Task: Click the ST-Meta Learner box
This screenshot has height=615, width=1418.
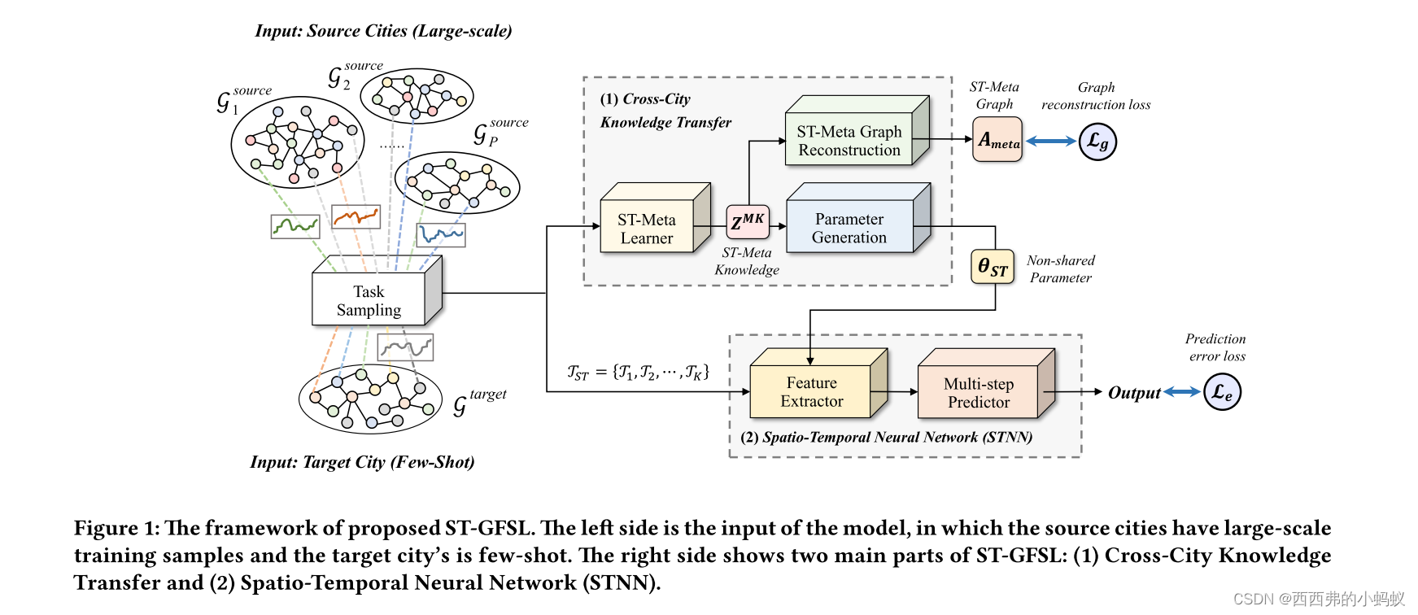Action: [648, 229]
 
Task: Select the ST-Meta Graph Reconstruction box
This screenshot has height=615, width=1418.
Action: [849, 140]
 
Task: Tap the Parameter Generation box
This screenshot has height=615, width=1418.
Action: [849, 228]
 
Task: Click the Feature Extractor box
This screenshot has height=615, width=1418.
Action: [810, 391]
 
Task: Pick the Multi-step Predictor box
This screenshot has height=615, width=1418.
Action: [978, 392]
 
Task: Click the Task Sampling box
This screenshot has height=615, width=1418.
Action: [369, 300]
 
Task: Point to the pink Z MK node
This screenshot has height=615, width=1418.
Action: [747, 220]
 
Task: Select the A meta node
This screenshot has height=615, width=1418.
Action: [997, 140]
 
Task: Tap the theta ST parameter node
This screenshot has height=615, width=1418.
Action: [993, 267]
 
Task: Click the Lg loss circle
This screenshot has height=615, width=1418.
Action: [1097, 142]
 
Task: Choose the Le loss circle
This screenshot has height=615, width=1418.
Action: [1222, 392]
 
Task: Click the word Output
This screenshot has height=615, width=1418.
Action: [1133, 393]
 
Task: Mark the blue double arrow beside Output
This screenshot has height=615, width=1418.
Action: [1182, 392]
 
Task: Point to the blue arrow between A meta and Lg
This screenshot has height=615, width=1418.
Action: [1050, 141]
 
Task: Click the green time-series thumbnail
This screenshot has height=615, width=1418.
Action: [295, 226]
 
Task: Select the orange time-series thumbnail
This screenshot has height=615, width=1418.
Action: [356, 217]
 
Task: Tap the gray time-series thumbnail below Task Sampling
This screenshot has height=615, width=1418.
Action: [405, 347]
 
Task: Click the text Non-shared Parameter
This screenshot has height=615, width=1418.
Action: [1060, 269]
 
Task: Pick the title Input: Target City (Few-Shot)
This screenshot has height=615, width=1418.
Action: [362, 462]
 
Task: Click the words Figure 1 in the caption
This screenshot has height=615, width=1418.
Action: [116, 528]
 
